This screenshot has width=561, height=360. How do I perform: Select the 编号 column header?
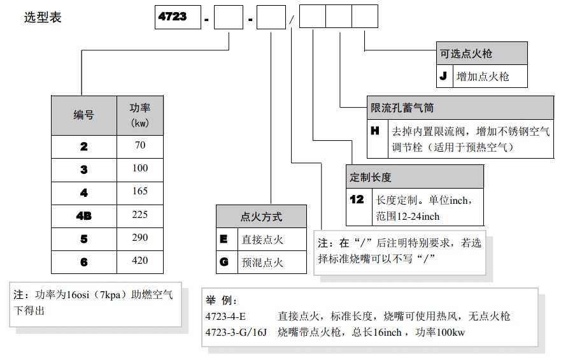83,115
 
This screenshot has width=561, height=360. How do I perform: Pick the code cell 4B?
83,215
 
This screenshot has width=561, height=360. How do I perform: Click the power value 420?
139,261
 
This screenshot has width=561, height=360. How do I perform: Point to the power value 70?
139,145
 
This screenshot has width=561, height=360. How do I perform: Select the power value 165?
139,191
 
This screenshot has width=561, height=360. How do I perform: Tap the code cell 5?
83,238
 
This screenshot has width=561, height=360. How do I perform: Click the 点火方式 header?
261,217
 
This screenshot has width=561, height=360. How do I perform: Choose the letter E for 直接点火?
224,240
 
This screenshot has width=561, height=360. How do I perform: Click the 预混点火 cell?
262,263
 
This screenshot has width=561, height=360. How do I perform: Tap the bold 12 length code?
357,199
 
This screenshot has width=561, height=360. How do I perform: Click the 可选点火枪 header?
467,54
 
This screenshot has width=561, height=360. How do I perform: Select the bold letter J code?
444,76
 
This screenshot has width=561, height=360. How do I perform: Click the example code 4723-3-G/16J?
237,332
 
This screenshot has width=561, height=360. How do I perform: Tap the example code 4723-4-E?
227,316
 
